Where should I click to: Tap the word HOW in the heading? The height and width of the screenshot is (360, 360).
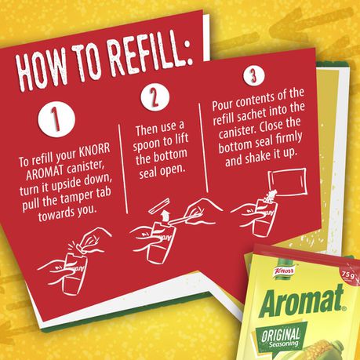pos(40,70)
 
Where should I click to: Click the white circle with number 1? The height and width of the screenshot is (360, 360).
pos(56,119)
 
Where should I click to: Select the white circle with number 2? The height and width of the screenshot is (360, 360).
pos(155,97)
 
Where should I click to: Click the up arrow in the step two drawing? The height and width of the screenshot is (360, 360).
pos(165,216)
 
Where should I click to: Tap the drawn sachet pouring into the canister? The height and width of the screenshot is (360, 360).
pos(287,183)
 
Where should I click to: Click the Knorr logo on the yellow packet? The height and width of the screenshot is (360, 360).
pos(285,271)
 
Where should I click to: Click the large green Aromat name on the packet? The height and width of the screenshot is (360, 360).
pos(302,300)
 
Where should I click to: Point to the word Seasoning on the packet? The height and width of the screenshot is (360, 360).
pos(284,344)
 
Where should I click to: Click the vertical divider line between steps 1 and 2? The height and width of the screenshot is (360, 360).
pos(123,169)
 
